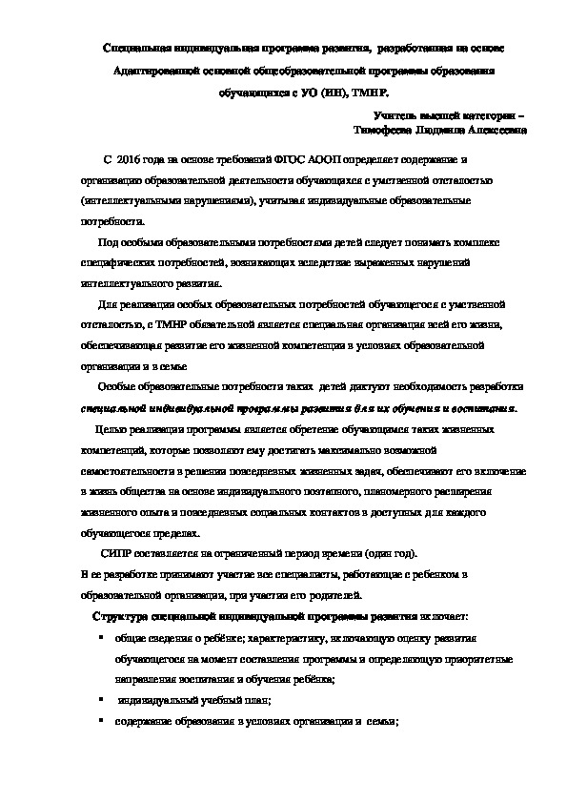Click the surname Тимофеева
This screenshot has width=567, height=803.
pyautogui.click(x=380, y=130)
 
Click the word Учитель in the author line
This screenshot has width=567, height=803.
pyautogui.click(x=381, y=113)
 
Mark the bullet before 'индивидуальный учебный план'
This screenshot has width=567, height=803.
pyautogui.click(x=100, y=700)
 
